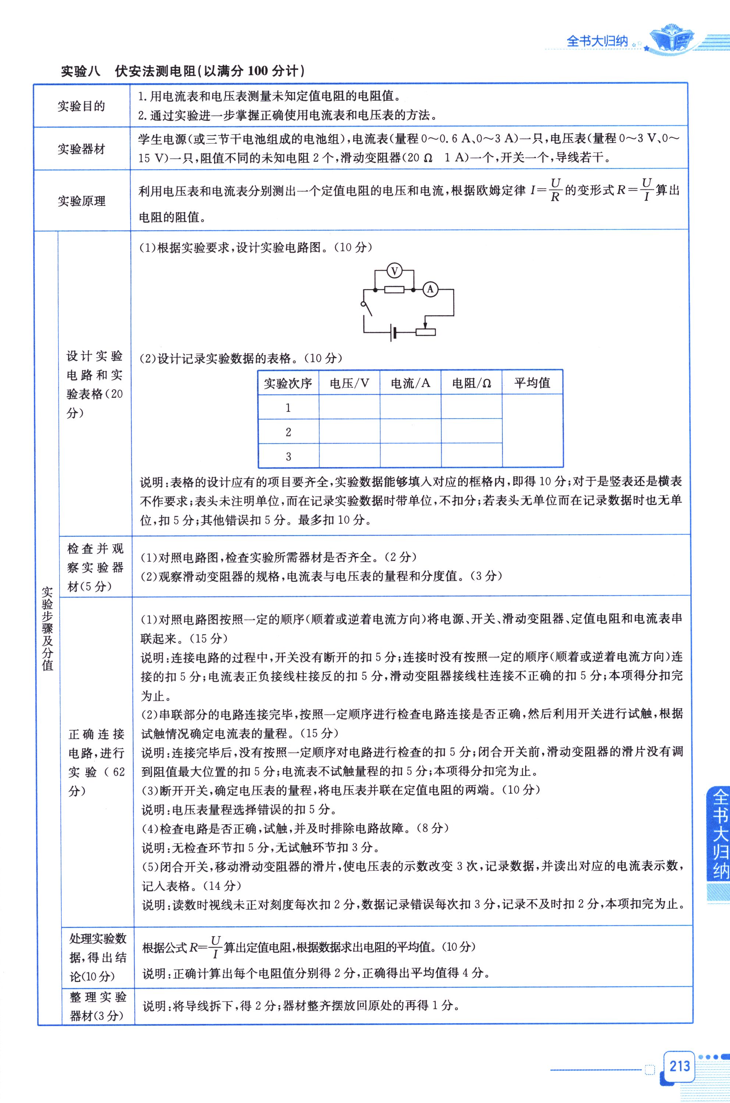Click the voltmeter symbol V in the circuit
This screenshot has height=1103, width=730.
point(394,270)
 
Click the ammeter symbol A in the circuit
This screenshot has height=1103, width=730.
point(430,289)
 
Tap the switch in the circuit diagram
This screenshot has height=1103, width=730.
point(367,309)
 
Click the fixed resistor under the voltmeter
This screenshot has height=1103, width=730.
point(394,289)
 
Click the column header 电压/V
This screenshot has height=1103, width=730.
point(349,383)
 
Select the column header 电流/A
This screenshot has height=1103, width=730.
point(410,383)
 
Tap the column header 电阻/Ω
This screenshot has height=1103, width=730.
point(471,383)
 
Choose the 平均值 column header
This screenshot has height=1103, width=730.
point(532,383)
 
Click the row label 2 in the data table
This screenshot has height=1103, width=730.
point(288,432)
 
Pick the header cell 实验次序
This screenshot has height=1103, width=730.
point(288,383)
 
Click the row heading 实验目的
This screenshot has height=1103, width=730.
point(82,106)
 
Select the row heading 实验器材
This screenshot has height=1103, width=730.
point(82,149)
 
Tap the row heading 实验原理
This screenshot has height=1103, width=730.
point(82,201)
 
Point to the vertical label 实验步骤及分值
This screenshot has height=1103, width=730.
point(47,628)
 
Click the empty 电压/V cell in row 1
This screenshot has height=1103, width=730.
point(349,408)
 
